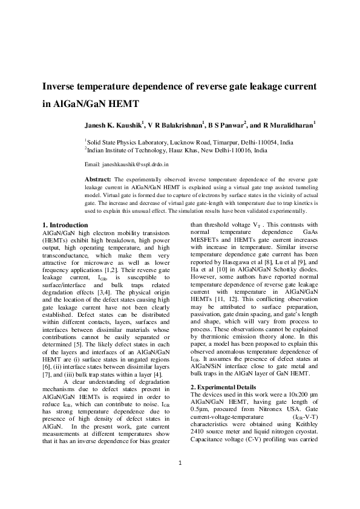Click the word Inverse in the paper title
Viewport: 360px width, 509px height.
click(x=60, y=86)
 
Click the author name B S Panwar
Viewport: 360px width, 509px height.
click(x=225, y=126)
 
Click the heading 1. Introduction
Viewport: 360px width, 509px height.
click(x=68, y=225)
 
